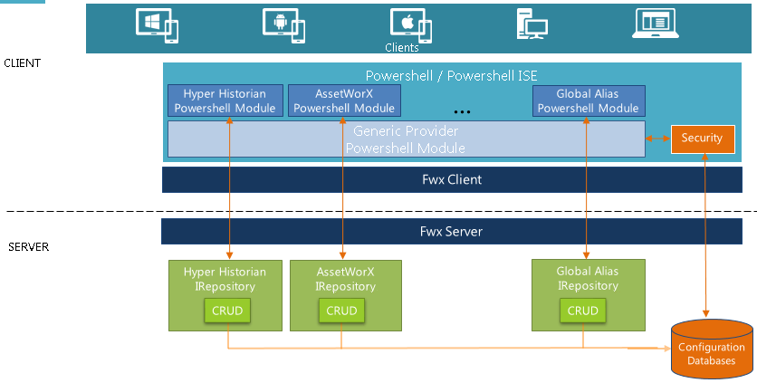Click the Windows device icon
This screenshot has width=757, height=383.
click(x=157, y=24)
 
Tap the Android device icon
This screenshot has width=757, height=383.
click(x=283, y=24)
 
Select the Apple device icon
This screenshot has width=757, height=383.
click(x=409, y=24)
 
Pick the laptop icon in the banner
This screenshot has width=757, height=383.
click(x=655, y=24)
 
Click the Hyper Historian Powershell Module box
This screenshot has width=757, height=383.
click(x=225, y=101)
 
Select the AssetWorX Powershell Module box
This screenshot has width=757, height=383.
click(x=343, y=101)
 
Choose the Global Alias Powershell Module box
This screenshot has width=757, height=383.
click(x=589, y=101)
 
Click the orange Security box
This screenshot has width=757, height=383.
click(x=702, y=139)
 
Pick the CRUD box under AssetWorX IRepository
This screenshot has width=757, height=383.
click(x=341, y=311)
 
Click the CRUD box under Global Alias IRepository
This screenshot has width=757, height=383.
click(x=582, y=311)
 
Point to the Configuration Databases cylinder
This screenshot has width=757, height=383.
click(x=711, y=350)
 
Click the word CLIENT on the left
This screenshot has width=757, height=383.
click(x=23, y=63)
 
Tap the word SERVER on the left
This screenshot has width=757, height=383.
click(x=28, y=247)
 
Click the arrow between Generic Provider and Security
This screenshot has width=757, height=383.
click(x=656, y=139)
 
